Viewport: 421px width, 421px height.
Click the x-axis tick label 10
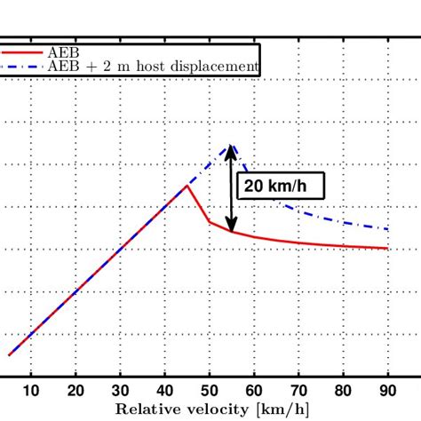coord(31,393)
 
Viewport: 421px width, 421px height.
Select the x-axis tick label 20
coord(75,393)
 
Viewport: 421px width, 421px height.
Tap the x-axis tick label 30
coord(120,393)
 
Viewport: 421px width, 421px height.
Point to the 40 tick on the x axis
coord(164,393)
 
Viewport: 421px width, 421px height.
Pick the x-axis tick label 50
coord(210,393)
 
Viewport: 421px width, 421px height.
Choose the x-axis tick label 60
coord(254,393)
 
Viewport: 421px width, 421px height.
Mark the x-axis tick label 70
coord(298,393)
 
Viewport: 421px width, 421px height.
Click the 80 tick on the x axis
coord(343,393)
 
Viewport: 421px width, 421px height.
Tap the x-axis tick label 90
coord(387,393)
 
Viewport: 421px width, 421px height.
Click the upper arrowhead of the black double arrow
coord(232,150)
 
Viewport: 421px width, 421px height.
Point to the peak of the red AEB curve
coord(187,185)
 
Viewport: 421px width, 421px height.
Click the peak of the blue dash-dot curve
coord(232,145)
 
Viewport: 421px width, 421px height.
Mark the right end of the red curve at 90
coord(387,249)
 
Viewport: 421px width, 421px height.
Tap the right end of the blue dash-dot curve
coord(387,229)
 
